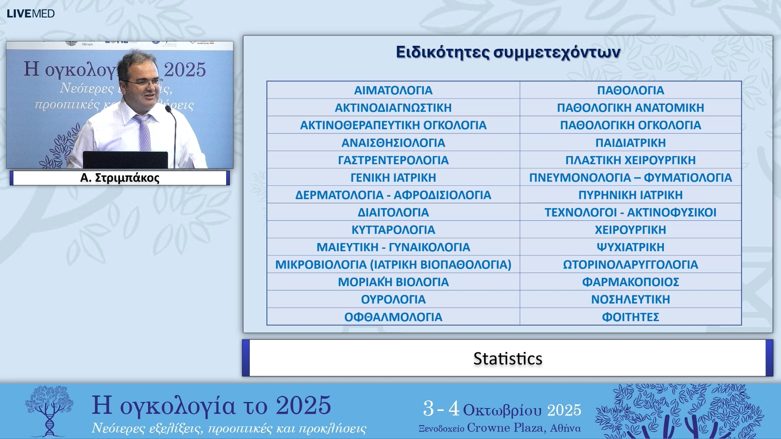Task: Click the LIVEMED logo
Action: coord(31,13)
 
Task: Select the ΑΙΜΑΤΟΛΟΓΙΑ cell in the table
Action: coord(393,90)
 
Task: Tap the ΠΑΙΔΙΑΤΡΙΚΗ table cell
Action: coord(630,143)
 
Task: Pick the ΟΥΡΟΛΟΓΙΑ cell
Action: coord(393,300)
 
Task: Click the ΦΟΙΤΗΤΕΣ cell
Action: coord(630,317)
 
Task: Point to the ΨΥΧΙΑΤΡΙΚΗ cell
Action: coord(630,247)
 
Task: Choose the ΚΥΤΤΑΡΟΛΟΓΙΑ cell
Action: coord(393,230)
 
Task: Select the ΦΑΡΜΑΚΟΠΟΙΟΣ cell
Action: coord(630,282)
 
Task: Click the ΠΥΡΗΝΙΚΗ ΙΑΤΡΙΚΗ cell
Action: coord(630,195)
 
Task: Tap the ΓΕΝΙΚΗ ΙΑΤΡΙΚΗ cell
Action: coord(393,178)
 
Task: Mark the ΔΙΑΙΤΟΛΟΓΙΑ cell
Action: coord(393,213)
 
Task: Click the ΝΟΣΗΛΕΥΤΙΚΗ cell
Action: coord(630,300)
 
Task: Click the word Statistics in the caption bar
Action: coord(508,359)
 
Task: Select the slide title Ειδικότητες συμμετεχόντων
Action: coord(508,52)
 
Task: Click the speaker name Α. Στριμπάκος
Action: coord(120,178)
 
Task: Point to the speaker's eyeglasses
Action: coord(144,83)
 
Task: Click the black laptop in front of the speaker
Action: coord(125,159)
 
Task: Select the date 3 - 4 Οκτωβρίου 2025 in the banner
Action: coord(502,409)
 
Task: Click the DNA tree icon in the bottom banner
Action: coord(49,411)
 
